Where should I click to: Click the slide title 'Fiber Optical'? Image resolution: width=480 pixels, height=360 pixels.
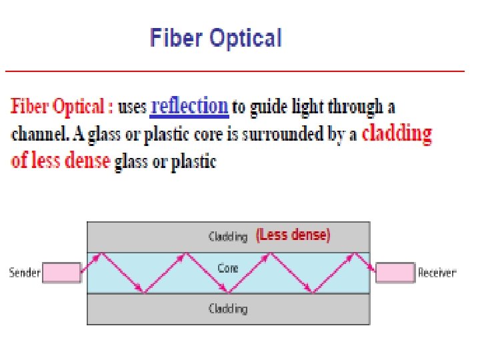216,37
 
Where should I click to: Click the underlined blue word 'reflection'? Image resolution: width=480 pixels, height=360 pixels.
190,105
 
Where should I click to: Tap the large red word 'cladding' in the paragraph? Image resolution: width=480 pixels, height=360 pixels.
397,133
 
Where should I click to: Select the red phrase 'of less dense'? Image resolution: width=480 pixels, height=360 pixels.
61,161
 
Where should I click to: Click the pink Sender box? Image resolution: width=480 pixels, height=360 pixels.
61,272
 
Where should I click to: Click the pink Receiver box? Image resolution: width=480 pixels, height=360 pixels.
394,272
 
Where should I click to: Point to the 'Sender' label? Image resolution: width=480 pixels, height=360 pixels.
25,273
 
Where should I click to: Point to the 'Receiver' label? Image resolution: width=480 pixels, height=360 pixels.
437,273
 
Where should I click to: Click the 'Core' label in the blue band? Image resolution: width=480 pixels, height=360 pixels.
228,269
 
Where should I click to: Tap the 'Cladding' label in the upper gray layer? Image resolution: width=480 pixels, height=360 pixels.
228,236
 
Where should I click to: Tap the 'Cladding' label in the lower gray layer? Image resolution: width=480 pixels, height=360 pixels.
228,309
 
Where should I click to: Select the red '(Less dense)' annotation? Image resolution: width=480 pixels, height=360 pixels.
293,235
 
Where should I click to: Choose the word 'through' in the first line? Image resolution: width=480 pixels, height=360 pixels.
357,107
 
